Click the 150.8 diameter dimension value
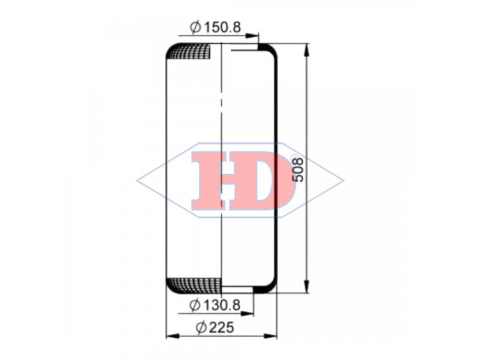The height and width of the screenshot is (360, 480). (x=223, y=27)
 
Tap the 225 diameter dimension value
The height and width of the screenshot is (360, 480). (x=222, y=328)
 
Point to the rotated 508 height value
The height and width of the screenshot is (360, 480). (x=298, y=170)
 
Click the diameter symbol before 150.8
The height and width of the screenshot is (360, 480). (x=196, y=27)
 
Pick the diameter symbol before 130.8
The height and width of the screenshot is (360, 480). (x=194, y=305)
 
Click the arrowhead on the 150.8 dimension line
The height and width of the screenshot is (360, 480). (x=252, y=36)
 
